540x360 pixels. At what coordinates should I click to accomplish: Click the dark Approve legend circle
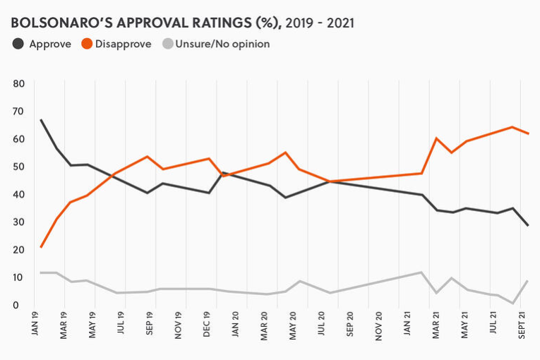18,44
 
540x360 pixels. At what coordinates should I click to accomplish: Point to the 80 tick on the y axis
19,83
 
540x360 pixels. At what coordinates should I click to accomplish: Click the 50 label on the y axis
19,167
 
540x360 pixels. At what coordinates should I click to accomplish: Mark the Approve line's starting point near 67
42,120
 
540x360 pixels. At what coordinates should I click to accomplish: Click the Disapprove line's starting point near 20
42,247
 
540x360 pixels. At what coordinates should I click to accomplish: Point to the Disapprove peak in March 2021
438,138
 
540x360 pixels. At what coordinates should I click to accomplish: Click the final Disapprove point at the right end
529,133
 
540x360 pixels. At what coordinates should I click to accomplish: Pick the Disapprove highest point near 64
512,127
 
